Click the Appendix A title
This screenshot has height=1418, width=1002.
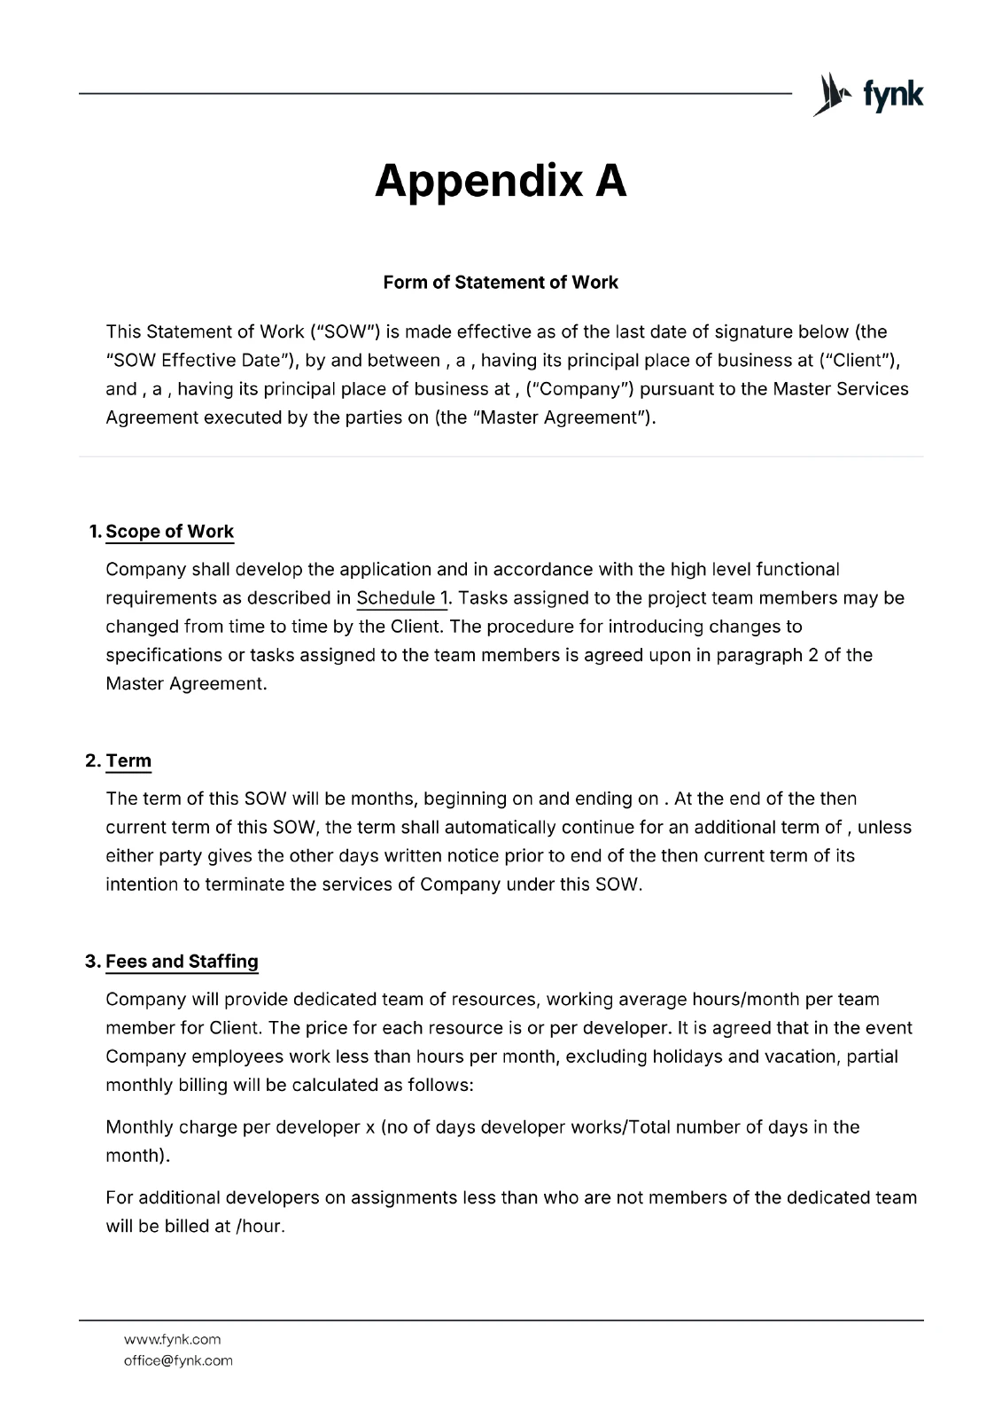click(x=501, y=182)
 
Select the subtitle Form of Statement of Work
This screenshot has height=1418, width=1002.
click(x=501, y=283)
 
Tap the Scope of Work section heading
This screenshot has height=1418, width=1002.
click(x=169, y=532)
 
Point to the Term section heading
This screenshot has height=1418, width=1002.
click(x=128, y=761)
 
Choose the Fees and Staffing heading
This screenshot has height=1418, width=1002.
click(x=182, y=962)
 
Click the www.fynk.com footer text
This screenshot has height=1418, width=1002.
click(x=172, y=1339)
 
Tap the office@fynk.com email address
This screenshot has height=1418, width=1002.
click(x=178, y=1360)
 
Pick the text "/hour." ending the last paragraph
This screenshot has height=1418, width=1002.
click(x=260, y=1227)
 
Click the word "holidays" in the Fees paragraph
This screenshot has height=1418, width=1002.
click(x=687, y=1056)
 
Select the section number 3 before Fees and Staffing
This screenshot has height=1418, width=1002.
click(x=91, y=962)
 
